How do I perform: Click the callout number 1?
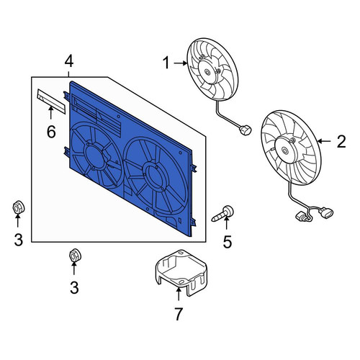166,63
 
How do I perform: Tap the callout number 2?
341,141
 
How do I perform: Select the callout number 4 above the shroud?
69,61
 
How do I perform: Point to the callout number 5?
228,241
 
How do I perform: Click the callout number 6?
51,132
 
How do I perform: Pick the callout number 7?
178,314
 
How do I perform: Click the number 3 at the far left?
18,239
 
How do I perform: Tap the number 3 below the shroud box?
74,287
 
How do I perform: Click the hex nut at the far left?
19,207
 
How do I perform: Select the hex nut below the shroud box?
75,256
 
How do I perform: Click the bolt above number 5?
222,214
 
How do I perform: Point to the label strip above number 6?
51,101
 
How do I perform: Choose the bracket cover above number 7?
181,273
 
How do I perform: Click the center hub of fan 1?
207,71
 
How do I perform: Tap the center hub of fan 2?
285,150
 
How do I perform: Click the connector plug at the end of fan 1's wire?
245,131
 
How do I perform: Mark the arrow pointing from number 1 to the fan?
181,63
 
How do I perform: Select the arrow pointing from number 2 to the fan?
325,141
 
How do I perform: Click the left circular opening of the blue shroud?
96,155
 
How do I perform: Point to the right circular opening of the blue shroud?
156,176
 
